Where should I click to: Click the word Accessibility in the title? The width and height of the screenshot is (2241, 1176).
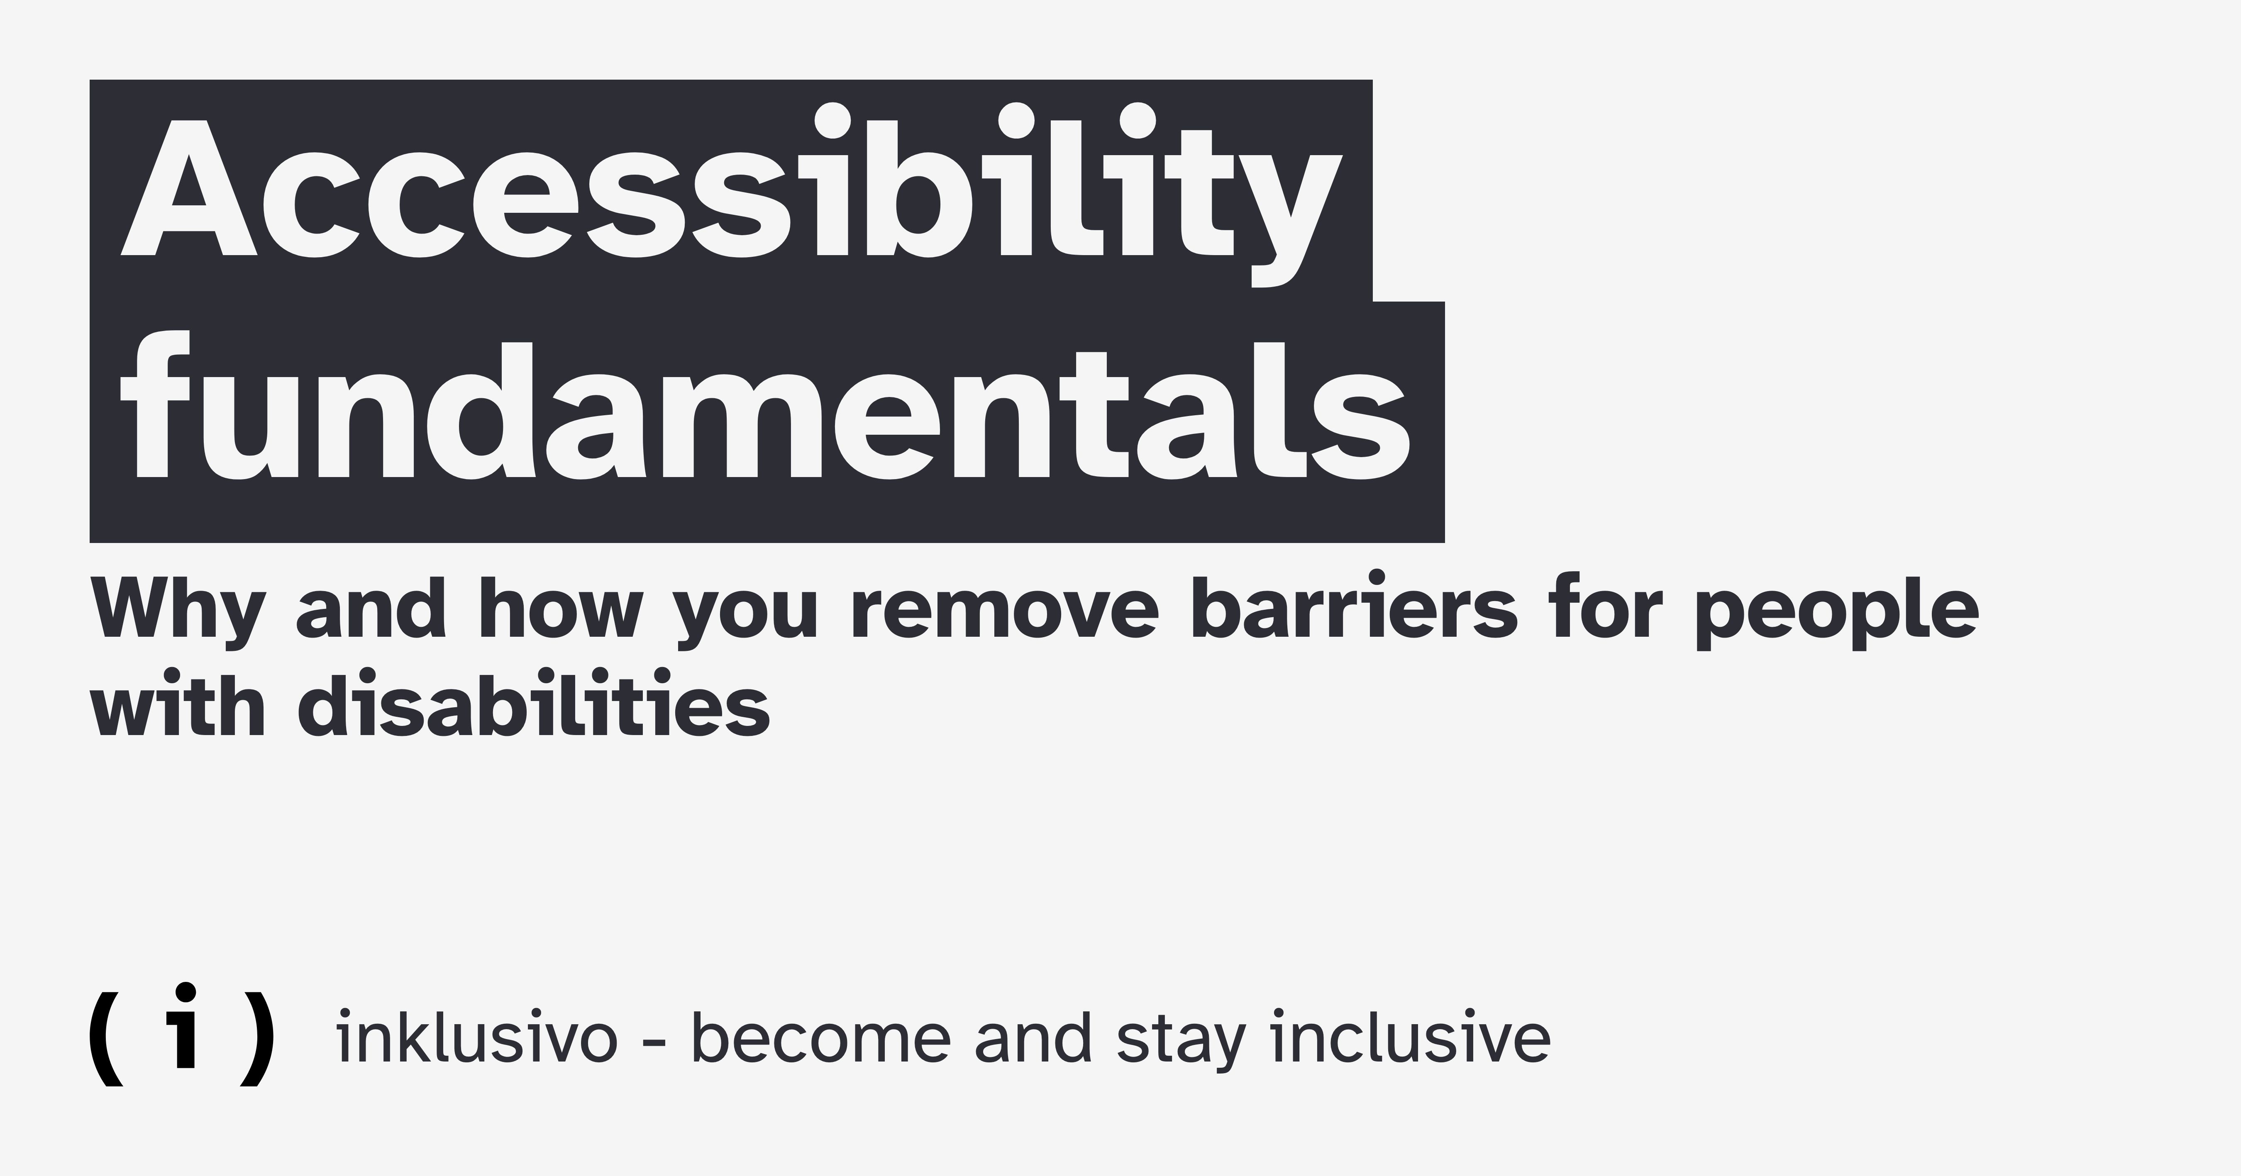[x=727, y=196]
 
